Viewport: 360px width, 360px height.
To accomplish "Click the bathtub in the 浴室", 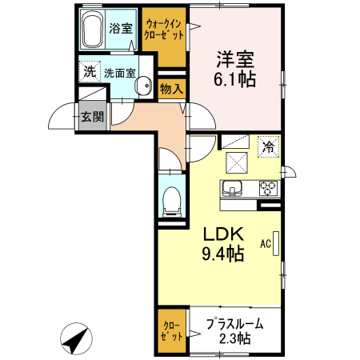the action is coord(92,29).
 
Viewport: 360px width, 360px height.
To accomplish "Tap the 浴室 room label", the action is coord(121,28).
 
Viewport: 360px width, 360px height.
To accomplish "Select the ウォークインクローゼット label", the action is coord(164,30).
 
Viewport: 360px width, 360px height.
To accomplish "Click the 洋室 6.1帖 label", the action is coord(235,70).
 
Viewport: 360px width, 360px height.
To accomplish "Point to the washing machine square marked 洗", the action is coord(90,71).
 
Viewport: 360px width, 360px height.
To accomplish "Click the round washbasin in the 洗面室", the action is coord(143,86).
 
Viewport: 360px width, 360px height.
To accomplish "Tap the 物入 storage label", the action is coord(171,89).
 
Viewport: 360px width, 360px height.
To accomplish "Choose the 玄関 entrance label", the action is coord(92,117).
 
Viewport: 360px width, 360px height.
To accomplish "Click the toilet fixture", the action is coord(172,202).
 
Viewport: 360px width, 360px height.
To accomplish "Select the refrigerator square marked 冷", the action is coord(268,146).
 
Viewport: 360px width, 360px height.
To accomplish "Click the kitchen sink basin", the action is coord(232,189).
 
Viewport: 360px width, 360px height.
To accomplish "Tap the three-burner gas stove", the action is coord(268,188).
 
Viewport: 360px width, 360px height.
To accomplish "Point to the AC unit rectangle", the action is coord(276,244).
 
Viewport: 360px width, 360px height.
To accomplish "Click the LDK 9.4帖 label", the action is coord(223,244).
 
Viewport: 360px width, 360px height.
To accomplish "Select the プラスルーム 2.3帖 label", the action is coord(235,331).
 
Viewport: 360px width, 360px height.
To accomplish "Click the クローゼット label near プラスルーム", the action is coord(172,331).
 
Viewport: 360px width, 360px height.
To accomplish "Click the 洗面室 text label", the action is coord(120,73).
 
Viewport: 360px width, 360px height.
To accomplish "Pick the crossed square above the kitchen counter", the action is coord(237,162).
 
